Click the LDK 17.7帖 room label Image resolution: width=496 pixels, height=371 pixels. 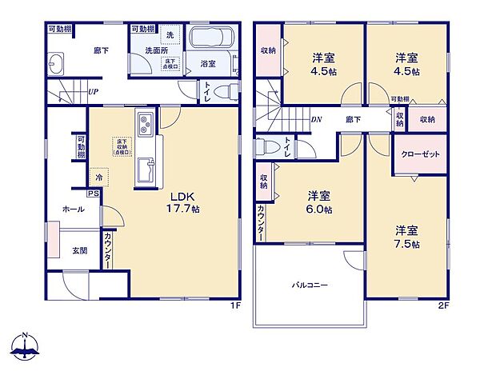(182, 201)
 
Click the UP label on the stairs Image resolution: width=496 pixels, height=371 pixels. (94, 92)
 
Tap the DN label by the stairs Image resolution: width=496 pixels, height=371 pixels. (318, 119)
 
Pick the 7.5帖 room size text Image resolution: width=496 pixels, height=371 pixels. (408, 244)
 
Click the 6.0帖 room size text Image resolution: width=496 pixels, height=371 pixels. (320, 209)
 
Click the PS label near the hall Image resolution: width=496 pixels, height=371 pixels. (93, 192)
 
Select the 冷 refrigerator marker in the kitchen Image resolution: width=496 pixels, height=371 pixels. (98, 178)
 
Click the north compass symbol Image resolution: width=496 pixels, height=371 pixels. (26, 346)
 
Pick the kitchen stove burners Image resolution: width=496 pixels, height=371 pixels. (146, 125)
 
